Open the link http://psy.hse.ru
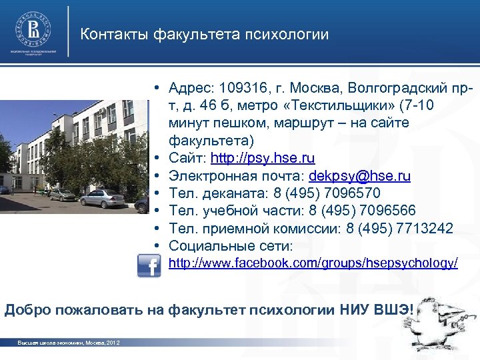[263, 159]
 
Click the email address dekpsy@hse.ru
[360, 176]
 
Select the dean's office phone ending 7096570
[347, 193]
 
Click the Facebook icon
[148, 266]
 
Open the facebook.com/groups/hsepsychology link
[313, 264]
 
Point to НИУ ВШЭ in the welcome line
[377, 309]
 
